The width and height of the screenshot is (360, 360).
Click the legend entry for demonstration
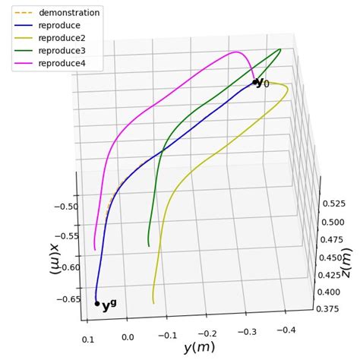[68, 13]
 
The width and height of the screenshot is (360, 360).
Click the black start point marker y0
[254, 82]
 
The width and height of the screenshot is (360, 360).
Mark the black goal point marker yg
[96, 303]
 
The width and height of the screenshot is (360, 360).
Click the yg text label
[109, 306]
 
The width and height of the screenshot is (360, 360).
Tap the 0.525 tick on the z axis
[335, 204]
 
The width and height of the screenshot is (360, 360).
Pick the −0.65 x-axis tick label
[63, 298]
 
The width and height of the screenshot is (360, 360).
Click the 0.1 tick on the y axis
[88, 339]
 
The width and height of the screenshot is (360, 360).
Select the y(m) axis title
[199, 348]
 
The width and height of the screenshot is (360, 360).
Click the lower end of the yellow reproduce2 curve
[153, 303]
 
